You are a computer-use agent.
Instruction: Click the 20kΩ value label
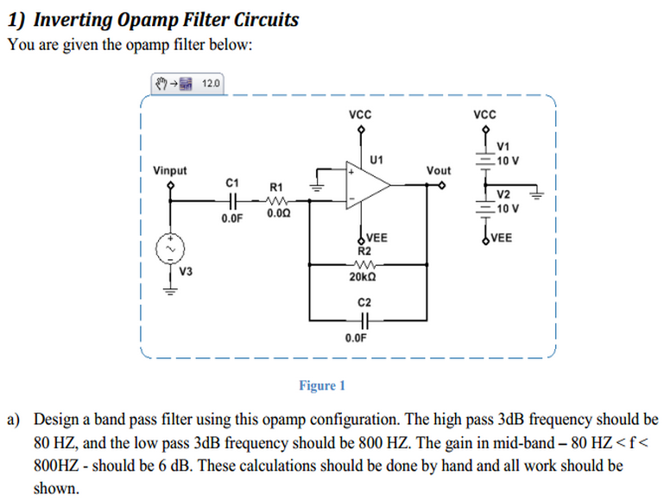(x=363, y=277)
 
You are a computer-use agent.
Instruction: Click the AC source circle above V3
(x=170, y=249)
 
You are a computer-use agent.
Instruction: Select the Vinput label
(x=169, y=170)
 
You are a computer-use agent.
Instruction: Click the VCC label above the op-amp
(x=360, y=114)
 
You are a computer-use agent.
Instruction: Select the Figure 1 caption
(x=321, y=385)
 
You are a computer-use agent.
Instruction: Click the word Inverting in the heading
(x=73, y=19)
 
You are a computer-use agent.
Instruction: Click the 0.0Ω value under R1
(x=278, y=212)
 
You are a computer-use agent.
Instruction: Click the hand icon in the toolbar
(x=162, y=84)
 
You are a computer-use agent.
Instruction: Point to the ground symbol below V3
(x=170, y=290)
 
